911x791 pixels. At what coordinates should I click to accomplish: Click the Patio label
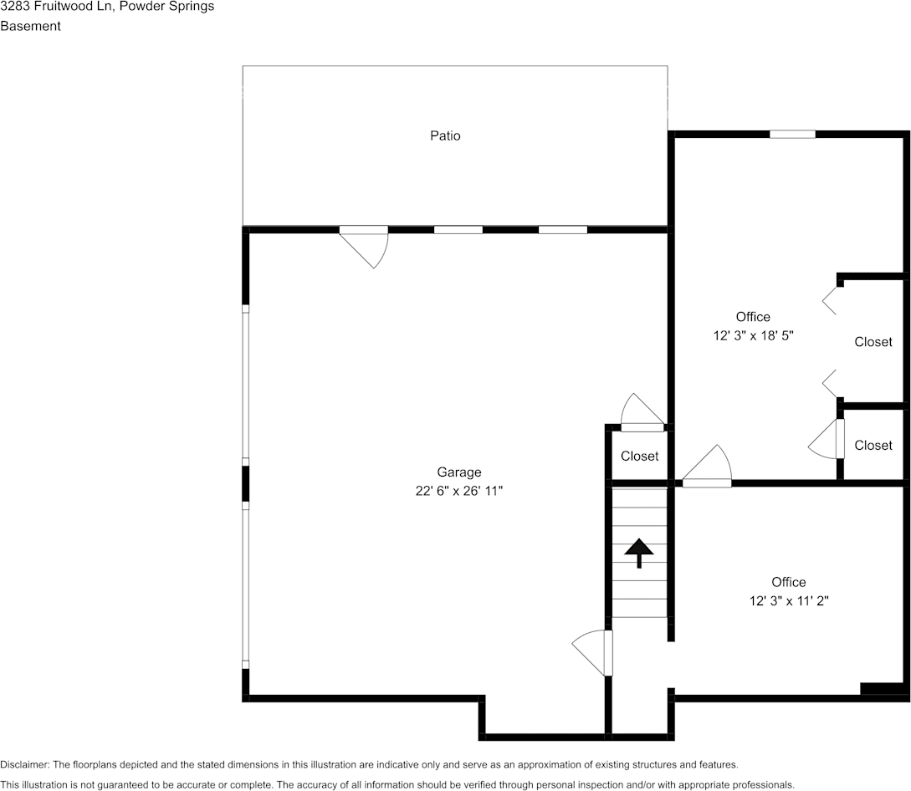pos(445,135)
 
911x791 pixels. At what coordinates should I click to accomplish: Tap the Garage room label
pos(459,472)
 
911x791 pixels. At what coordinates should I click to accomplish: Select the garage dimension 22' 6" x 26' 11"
pos(459,491)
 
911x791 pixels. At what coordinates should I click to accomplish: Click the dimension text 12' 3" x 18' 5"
pos(753,335)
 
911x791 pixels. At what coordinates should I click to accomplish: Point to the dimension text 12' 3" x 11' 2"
pos(789,600)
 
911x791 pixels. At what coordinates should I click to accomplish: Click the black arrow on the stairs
pos(639,553)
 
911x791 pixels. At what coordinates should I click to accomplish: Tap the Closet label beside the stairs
pos(639,456)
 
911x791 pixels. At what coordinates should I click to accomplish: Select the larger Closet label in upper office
pos(873,342)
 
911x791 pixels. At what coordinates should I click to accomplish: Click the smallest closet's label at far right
pos(873,446)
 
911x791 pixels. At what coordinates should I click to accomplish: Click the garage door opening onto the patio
pos(366,245)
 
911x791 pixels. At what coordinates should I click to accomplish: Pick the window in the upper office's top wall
pos(792,134)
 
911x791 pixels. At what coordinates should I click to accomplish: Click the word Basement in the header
pos(30,26)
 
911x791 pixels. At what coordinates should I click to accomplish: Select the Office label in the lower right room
pos(789,582)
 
